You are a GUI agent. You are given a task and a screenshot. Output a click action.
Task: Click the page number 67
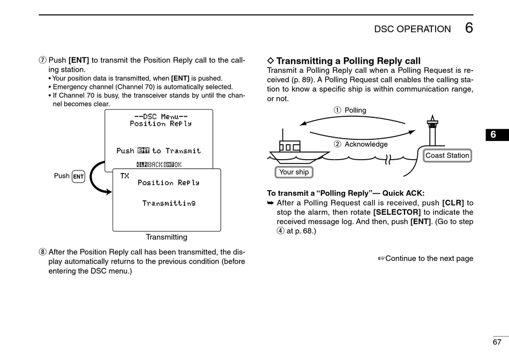point(497,342)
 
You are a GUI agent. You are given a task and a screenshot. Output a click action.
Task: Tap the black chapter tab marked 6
point(497,134)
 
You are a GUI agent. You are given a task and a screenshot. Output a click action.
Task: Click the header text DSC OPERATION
point(412,29)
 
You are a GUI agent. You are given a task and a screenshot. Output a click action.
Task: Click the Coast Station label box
point(447,155)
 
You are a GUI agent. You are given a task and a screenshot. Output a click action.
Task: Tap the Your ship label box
point(294,172)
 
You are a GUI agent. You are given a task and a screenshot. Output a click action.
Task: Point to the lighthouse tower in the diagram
point(432,131)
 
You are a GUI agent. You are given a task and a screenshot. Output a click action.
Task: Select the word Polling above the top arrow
point(355,110)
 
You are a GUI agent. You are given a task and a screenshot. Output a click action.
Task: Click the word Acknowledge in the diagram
point(366,144)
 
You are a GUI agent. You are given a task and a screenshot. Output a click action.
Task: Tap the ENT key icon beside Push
point(78,176)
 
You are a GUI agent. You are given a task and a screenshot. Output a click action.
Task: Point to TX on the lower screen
point(125,176)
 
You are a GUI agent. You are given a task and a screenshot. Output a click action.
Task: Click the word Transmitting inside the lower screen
point(169,203)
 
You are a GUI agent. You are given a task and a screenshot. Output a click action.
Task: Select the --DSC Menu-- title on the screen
point(161,117)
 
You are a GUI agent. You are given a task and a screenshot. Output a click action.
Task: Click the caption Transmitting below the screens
point(167,237)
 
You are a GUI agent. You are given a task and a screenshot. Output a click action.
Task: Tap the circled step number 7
point(42,61)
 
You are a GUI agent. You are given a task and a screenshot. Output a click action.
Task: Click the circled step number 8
point(42,252)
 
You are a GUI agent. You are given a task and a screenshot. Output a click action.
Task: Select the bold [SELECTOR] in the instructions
point(397,212)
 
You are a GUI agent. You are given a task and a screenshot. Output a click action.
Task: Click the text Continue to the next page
point(426,258)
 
